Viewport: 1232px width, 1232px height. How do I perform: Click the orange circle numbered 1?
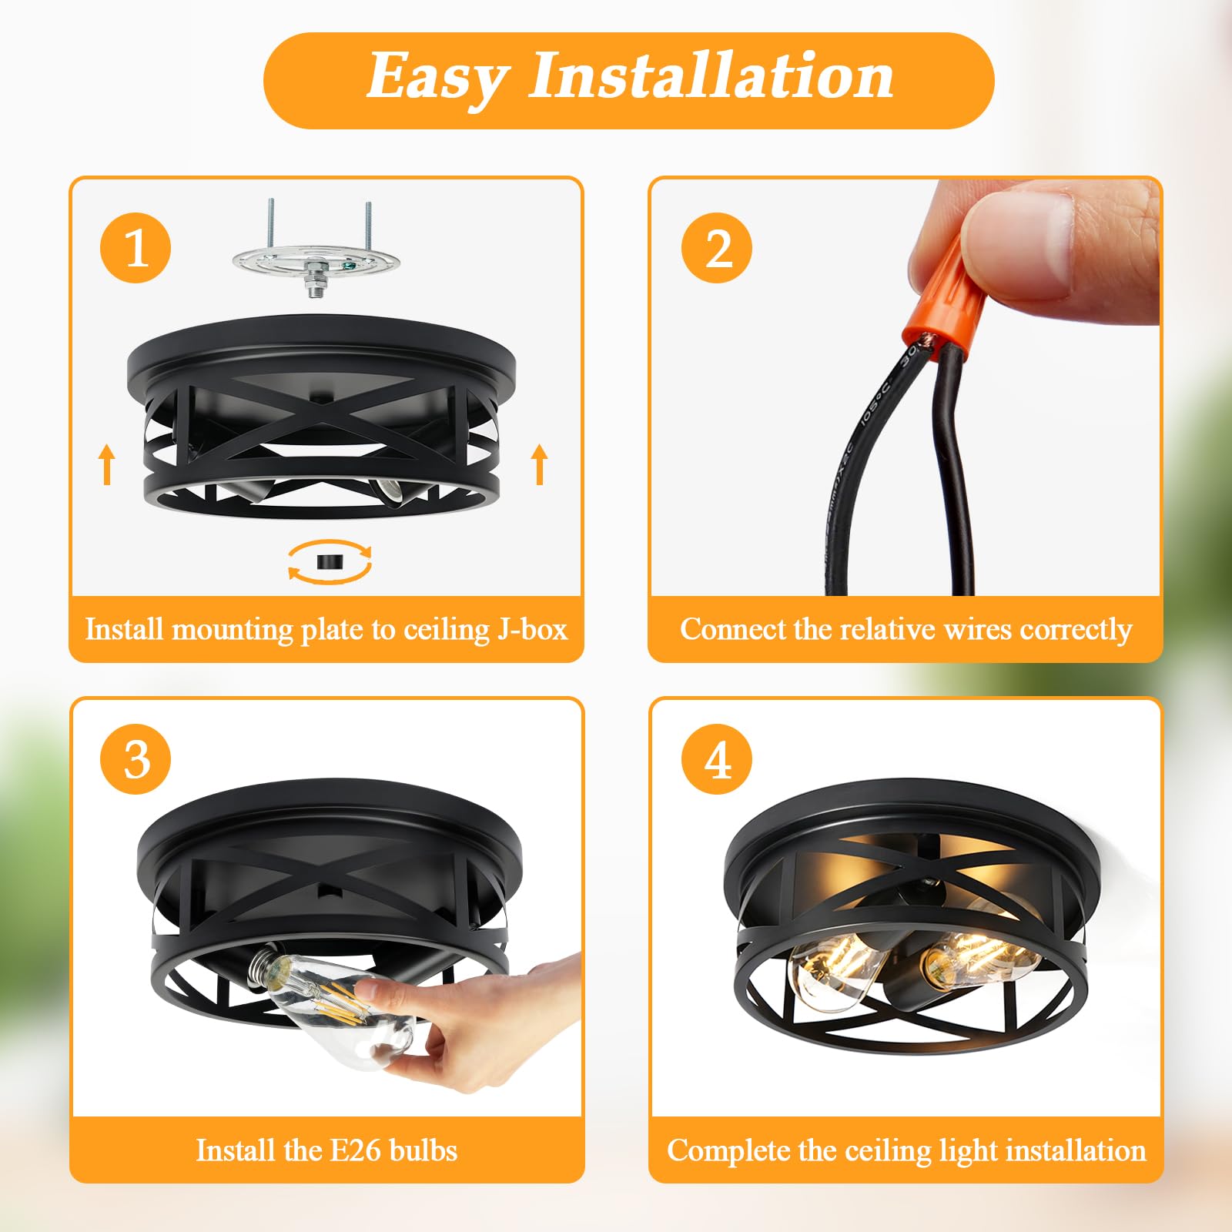(x=136, y=248)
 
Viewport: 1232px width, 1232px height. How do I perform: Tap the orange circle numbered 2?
(x=717, y=248)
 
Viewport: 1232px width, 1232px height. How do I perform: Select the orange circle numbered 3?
(x=136, y=759)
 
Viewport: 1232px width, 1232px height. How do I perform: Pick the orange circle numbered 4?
(x=717, y=759)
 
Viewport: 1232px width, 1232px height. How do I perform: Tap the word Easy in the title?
(x=437, y=79)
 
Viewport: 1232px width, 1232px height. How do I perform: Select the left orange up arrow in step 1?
(x=108, y=464)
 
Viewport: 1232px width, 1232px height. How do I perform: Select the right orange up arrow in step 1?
(x=540, y=464)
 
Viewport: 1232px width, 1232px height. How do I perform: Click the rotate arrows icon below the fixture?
(x=330, y=561)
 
